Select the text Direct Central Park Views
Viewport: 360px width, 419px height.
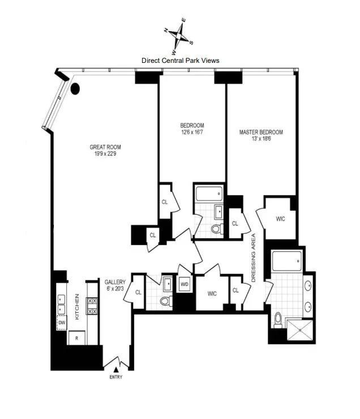coord(180,60)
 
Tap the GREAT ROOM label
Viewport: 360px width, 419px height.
coord(105,151)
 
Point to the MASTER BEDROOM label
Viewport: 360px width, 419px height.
coord(261,135)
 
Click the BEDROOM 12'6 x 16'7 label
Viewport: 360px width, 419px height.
coord(192,129)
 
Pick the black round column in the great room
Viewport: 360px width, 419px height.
coord(75,88)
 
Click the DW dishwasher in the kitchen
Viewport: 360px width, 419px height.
coord(62,323)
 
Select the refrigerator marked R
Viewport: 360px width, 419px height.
coord(76,338)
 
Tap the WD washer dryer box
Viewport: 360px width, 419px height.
coord(184,284)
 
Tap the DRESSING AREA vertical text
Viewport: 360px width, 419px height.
coord(253,258)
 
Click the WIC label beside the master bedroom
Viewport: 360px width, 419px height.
coord(280,218)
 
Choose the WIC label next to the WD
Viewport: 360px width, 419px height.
coord(212,293)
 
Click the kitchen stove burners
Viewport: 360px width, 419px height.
coord(92,306)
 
